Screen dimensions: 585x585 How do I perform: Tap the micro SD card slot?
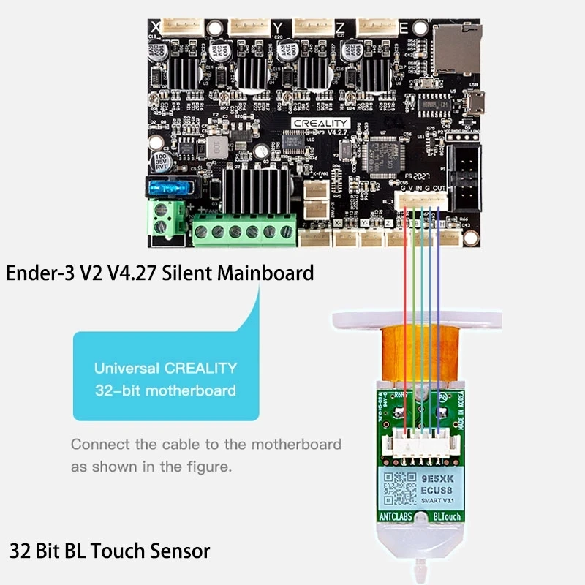457,48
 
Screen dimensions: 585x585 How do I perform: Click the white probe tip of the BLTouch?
419,567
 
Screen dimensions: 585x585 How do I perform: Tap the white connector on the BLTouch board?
420,442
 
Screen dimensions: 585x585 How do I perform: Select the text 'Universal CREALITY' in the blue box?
165,368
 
